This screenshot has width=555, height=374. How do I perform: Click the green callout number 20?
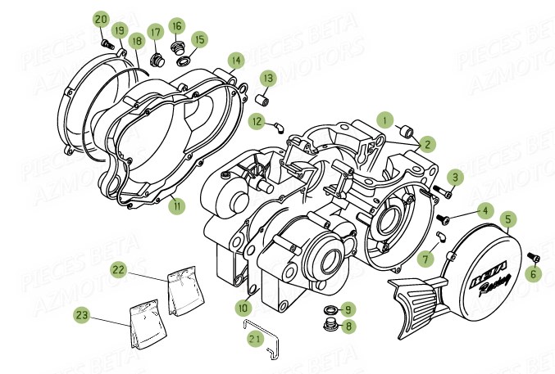click(100, 19)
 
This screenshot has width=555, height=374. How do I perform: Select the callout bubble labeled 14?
click(236, 60)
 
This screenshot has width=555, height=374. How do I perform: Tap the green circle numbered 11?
click(175, 206)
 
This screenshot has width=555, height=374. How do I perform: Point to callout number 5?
click(508, 219)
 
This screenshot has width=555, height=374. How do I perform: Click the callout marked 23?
click(105, 313)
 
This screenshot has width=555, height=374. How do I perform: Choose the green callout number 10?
click(243, 308)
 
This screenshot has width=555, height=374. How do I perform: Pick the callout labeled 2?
click(426, 144)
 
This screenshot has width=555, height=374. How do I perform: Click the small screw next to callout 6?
click(532, 256)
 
